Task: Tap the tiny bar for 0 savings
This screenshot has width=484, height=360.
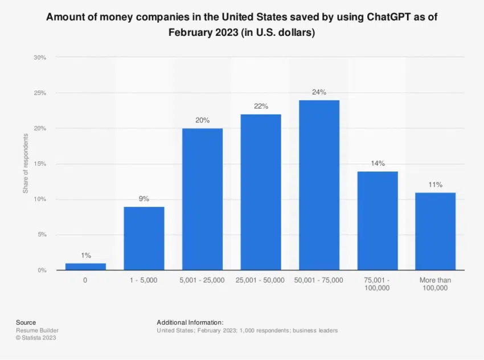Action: (x=85, y=266)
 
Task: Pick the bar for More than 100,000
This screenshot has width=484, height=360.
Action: (x=436, y=231)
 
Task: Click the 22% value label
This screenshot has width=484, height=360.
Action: (x=261, y=107)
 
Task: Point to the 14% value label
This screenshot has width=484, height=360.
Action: (x=378, y=163)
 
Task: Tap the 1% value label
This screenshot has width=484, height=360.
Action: (x=85, y=256)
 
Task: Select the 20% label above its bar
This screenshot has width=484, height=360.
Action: (x=202, y=120)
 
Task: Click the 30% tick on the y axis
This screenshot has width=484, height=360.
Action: (x=39, y=58)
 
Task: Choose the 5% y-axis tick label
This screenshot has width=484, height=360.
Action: (x=42, y=235)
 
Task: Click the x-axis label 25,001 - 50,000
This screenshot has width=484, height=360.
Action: (x=261, y=280)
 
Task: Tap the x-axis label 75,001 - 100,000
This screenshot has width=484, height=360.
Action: (x=378, y=284)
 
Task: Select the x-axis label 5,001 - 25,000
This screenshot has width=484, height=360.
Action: (x=202, y=280)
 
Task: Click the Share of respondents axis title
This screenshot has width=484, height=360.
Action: (x=26, y=163)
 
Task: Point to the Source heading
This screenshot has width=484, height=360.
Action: (x=26, y=322)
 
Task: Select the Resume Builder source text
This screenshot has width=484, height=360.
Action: (x=37, y=330)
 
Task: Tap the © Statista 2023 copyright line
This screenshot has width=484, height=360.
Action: (x=36, y=338)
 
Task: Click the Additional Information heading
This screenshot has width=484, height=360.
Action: (x=190, y=322)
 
